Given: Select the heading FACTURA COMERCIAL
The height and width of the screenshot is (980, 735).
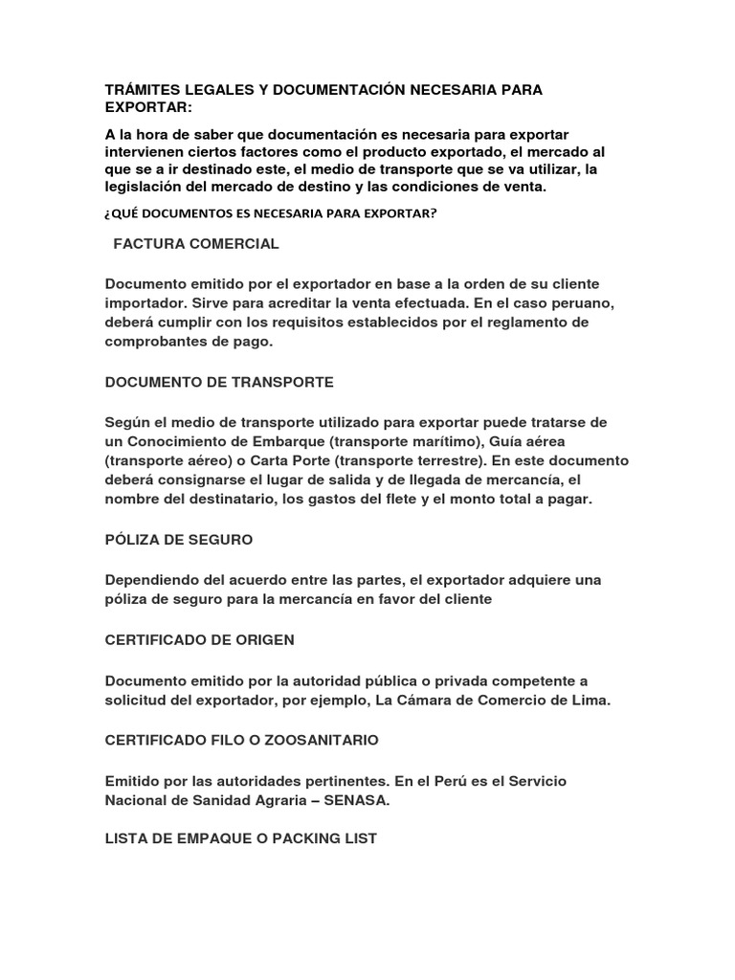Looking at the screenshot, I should (196, 244).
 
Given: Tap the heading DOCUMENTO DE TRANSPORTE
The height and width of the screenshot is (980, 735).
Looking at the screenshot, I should (219, 382).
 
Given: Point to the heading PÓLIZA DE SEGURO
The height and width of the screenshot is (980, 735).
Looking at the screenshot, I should (179, 540).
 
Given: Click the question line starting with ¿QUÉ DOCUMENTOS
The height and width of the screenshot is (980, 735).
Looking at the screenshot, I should (270, 213).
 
